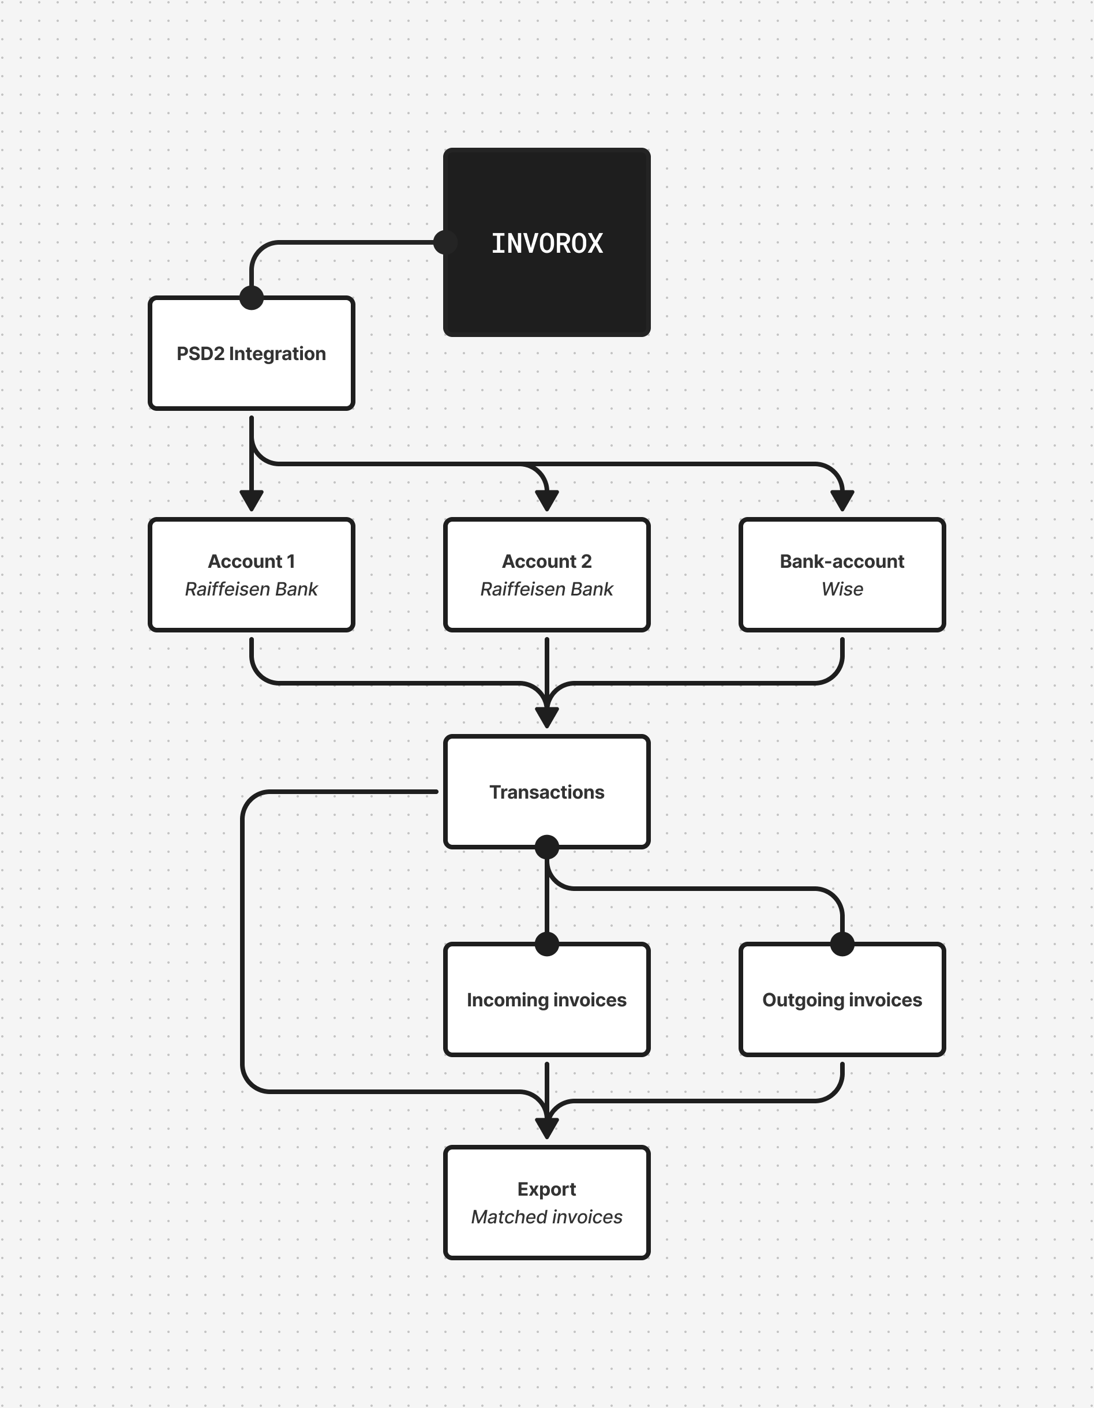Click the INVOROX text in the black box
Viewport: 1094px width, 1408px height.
(546, 244)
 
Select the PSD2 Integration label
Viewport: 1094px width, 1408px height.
(251, 354)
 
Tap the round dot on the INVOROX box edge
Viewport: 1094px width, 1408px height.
(445, 242)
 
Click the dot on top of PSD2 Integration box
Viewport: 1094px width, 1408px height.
(252, 298)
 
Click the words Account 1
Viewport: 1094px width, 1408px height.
(251, 561)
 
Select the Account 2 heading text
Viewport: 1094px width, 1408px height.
(546, 561)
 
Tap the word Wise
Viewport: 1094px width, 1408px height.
(842, 589)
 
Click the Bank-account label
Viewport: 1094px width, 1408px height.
(842, 561)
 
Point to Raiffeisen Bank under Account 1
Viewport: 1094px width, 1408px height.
(251, 589)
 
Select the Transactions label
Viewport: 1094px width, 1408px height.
(546, 792)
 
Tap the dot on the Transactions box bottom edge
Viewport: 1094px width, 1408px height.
(546, 847)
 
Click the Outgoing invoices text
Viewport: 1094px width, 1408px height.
(842, 1000)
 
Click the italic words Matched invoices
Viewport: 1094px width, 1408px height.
(546, 1217)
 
